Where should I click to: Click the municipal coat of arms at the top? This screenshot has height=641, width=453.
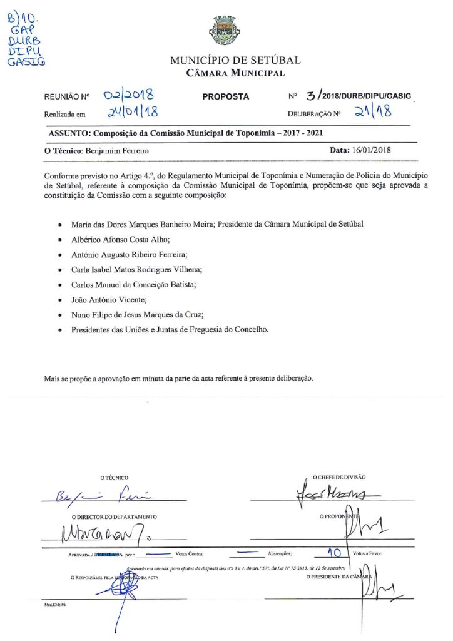pos(226,30)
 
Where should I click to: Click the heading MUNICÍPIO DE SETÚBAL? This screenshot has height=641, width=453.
pos(235,61)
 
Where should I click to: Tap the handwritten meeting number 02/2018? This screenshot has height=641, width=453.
pos(129,95)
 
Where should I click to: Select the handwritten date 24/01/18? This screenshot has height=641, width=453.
pos(131,113)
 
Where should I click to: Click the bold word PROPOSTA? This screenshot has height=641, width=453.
pos(226,96)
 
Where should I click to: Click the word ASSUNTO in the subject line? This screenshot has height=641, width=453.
pos(69,133)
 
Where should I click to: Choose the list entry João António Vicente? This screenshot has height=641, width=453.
pos(108,300)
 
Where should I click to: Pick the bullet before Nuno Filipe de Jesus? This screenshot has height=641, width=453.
pos(59,315)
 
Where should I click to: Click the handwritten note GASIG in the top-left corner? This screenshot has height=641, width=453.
pos(26,63)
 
